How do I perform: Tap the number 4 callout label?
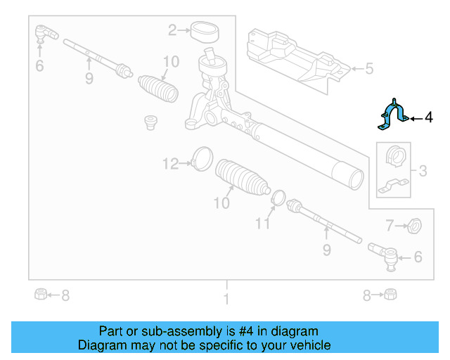point(429,118)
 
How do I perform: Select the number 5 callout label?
point(369,69)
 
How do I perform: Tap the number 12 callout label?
point(171,164)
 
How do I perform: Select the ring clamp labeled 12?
point(201,157)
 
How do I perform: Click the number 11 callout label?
point(262,224)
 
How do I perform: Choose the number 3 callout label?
point(423,170)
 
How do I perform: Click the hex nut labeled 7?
point(415,226)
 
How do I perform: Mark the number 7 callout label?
point(389,226)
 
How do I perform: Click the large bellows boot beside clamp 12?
point(241,181)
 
